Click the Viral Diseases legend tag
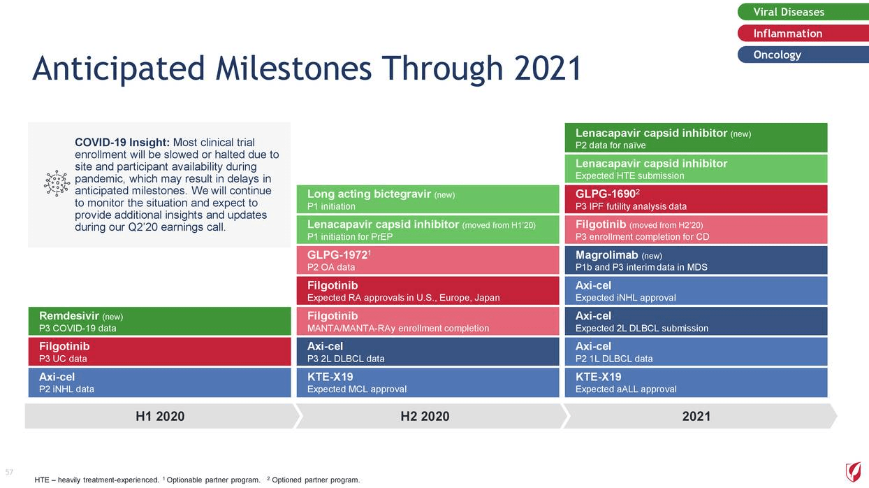(x=803, y=12)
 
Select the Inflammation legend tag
(x=803, y=33)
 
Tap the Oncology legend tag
(x=803, y=55)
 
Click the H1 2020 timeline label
(x=160, y=416)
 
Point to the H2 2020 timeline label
(x=425, y=416)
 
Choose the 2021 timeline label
(x=696, y=416)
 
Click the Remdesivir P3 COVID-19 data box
(x=159, y=321)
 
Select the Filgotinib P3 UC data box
(x=159, y=352)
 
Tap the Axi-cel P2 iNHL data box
(x=159, y=382)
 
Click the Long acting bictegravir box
(x=428, y=199)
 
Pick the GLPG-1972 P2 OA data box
(x=428, y=260)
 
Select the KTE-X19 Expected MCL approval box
(x=428, y=382)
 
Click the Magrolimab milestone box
(x=696, y=260)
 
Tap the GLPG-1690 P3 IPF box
(x=696, y=199)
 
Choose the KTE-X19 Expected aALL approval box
(x=696, y=382)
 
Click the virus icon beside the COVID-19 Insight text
(x=57, y=183)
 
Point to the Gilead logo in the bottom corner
(x=854, y=472)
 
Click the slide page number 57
(x=9, y=472)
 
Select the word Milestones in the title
(x=293, y=68)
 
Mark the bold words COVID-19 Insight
(x=122, y=143)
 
